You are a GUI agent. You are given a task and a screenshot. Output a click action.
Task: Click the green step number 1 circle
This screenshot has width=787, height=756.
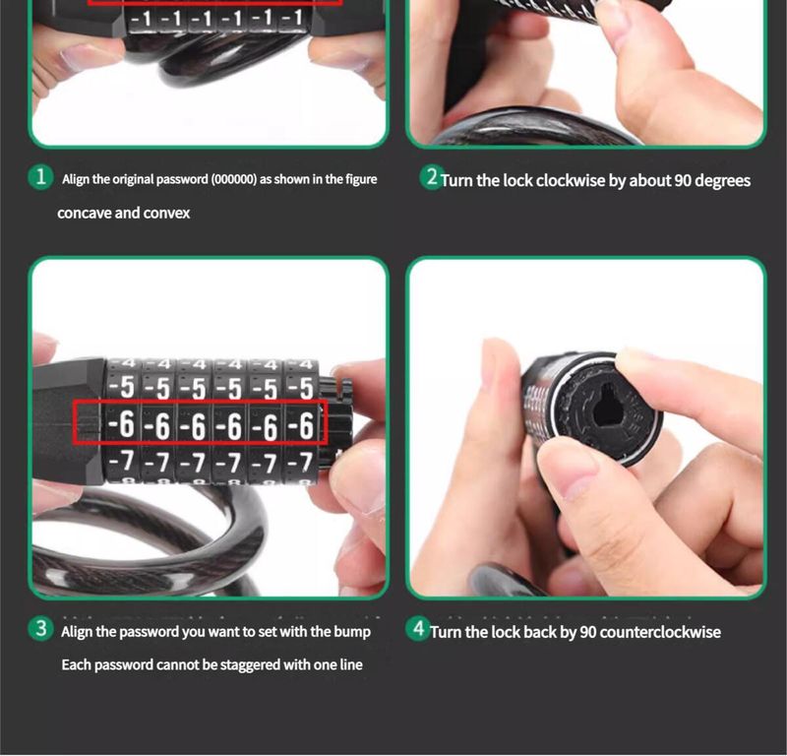pos(40,177)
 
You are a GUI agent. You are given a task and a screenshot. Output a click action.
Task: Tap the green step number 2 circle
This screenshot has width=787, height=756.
pos(431,177)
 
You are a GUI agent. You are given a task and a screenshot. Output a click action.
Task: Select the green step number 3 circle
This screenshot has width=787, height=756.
pos(40,629)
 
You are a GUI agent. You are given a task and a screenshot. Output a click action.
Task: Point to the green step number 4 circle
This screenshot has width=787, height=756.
pos(418,628)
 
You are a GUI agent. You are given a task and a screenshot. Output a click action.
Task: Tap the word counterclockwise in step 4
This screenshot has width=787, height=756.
pos(660,632)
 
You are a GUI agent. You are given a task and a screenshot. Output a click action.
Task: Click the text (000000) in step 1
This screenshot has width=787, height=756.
pos(233,179)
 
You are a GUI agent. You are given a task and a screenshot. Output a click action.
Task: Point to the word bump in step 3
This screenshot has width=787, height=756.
pos(352,632)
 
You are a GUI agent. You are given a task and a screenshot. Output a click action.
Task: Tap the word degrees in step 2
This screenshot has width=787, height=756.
pos(723,181)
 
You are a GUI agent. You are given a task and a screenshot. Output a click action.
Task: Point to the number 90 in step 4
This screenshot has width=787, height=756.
pos(587,632)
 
